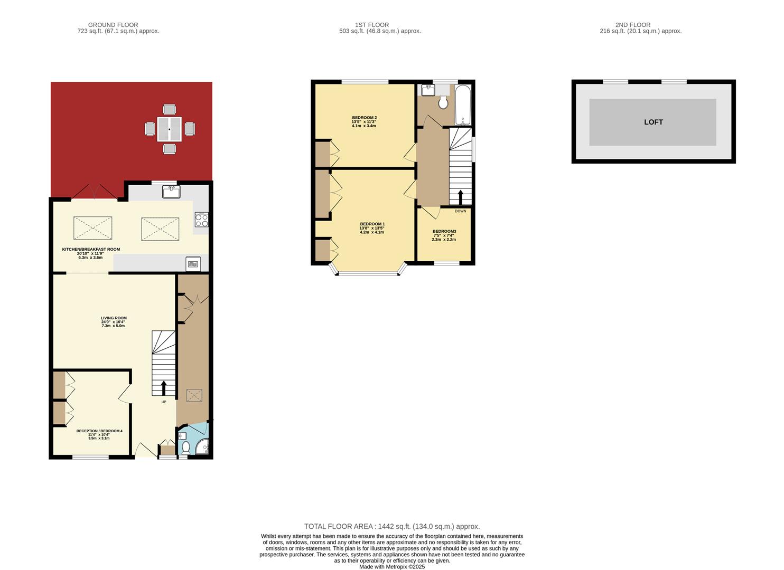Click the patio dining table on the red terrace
point(169,129)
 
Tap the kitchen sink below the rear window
point(172,192)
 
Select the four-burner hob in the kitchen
point(201,219)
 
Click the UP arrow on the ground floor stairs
point(163,388)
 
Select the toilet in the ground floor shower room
point(185,448)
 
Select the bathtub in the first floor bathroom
point(463,104)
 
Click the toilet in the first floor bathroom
point(443,102)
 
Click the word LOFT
point(653,122)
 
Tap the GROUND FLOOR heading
point(113,25)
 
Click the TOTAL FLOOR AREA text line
point(391,526)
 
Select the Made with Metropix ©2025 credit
point(391,567)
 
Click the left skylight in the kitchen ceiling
point(93,228)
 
